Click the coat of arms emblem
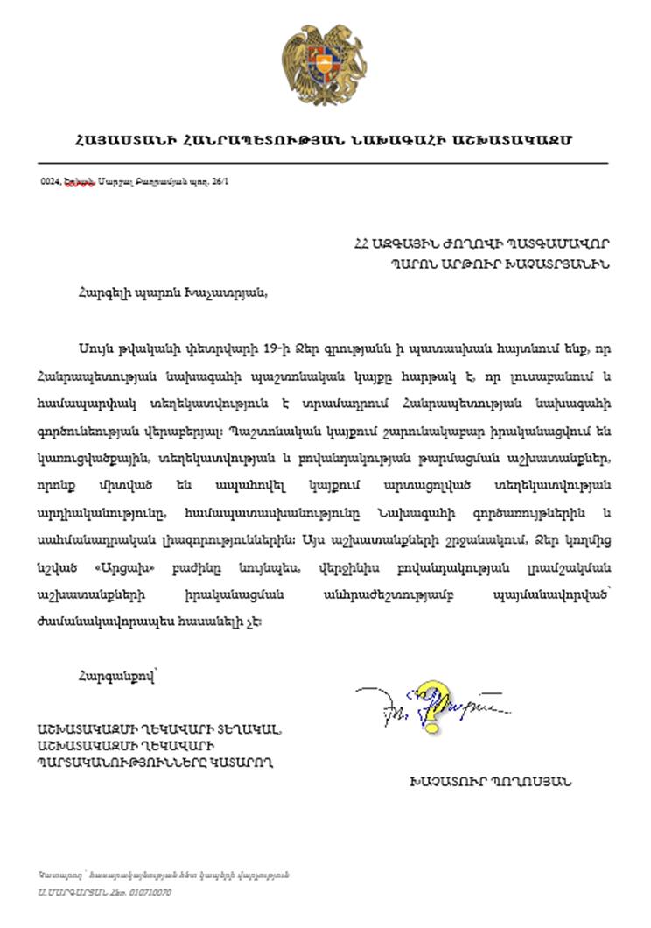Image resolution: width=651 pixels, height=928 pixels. (324, 66)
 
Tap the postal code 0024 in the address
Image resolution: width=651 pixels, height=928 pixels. (50, 182)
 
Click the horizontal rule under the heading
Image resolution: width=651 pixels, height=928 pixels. (324, 163)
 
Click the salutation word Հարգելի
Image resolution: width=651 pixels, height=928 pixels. (104, 292)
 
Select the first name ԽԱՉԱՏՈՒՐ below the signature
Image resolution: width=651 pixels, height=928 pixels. (446, 780)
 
